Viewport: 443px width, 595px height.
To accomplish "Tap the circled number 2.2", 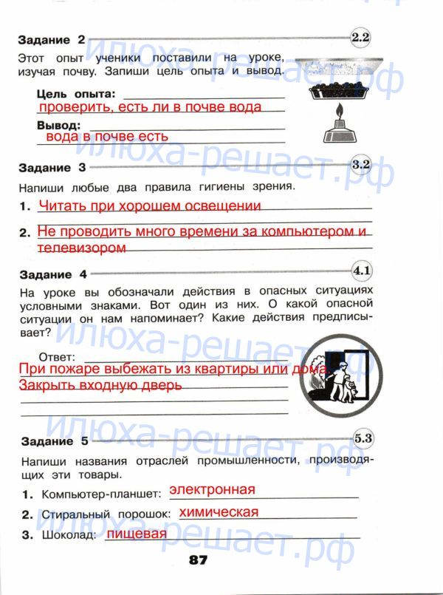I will point(361,36).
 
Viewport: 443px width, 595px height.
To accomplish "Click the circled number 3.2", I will point(361,165).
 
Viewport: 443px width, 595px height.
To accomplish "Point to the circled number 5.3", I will point(363,438).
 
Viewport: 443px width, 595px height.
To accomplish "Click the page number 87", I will point(199,560).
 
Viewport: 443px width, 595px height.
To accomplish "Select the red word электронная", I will point(212,489).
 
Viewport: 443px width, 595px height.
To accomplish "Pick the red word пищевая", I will point(136,534).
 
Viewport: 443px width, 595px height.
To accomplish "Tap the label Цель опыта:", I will point(76,94).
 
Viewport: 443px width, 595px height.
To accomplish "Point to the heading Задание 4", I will point(52,274).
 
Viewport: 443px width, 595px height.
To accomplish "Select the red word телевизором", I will point(83,248).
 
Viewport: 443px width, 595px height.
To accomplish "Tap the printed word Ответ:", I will point(55,356).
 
